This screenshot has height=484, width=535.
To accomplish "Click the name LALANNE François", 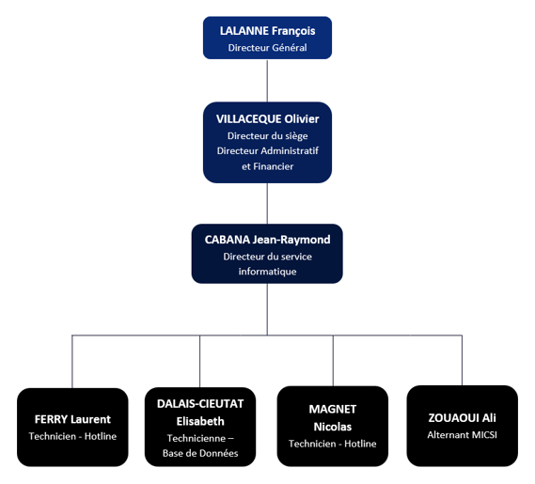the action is click(267, 31).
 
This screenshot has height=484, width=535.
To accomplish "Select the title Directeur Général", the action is click(267, 47).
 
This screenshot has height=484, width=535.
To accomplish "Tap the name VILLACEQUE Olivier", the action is click(267, 118).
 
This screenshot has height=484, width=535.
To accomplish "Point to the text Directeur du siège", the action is click(267, 135).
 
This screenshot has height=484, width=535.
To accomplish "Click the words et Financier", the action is click(267, 166).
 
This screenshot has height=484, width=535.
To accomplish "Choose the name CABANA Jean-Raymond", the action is click(267, 240).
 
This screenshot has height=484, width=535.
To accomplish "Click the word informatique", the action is click(267, 272).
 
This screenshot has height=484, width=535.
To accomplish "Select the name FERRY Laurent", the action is click(72, 419).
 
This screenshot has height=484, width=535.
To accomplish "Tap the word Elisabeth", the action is click(200, 421).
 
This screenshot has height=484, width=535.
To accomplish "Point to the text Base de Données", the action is click(200, 453).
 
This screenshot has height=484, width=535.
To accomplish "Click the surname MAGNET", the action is click(333, 409).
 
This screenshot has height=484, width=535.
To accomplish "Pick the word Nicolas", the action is click(333, 427).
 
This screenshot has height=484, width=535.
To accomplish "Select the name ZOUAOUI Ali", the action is click(462, 418).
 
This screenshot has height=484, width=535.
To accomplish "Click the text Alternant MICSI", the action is click(462, 435).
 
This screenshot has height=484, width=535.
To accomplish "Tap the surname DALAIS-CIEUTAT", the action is click(200, 403).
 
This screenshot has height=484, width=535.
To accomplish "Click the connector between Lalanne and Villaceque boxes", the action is click(267, 81).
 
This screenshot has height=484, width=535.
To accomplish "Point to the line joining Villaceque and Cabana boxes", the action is click(267, 204).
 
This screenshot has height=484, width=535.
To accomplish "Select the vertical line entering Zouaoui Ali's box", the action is click(462, 361).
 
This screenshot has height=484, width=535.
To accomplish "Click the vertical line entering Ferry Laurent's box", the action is click(72, 362).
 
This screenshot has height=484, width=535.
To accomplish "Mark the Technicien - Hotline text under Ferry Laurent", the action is click(72, 436).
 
